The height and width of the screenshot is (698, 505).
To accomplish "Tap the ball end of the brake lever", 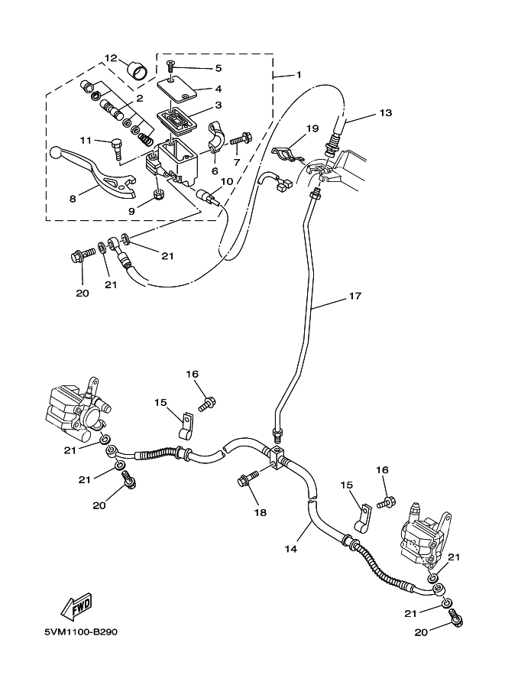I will (55, 154).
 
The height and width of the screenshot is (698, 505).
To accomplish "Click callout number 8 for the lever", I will (72, 198).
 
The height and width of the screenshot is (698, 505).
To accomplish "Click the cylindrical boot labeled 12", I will (138, 72).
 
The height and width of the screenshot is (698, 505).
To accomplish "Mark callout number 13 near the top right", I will (385, 113).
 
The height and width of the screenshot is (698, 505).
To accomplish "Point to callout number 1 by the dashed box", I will (299, 75).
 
